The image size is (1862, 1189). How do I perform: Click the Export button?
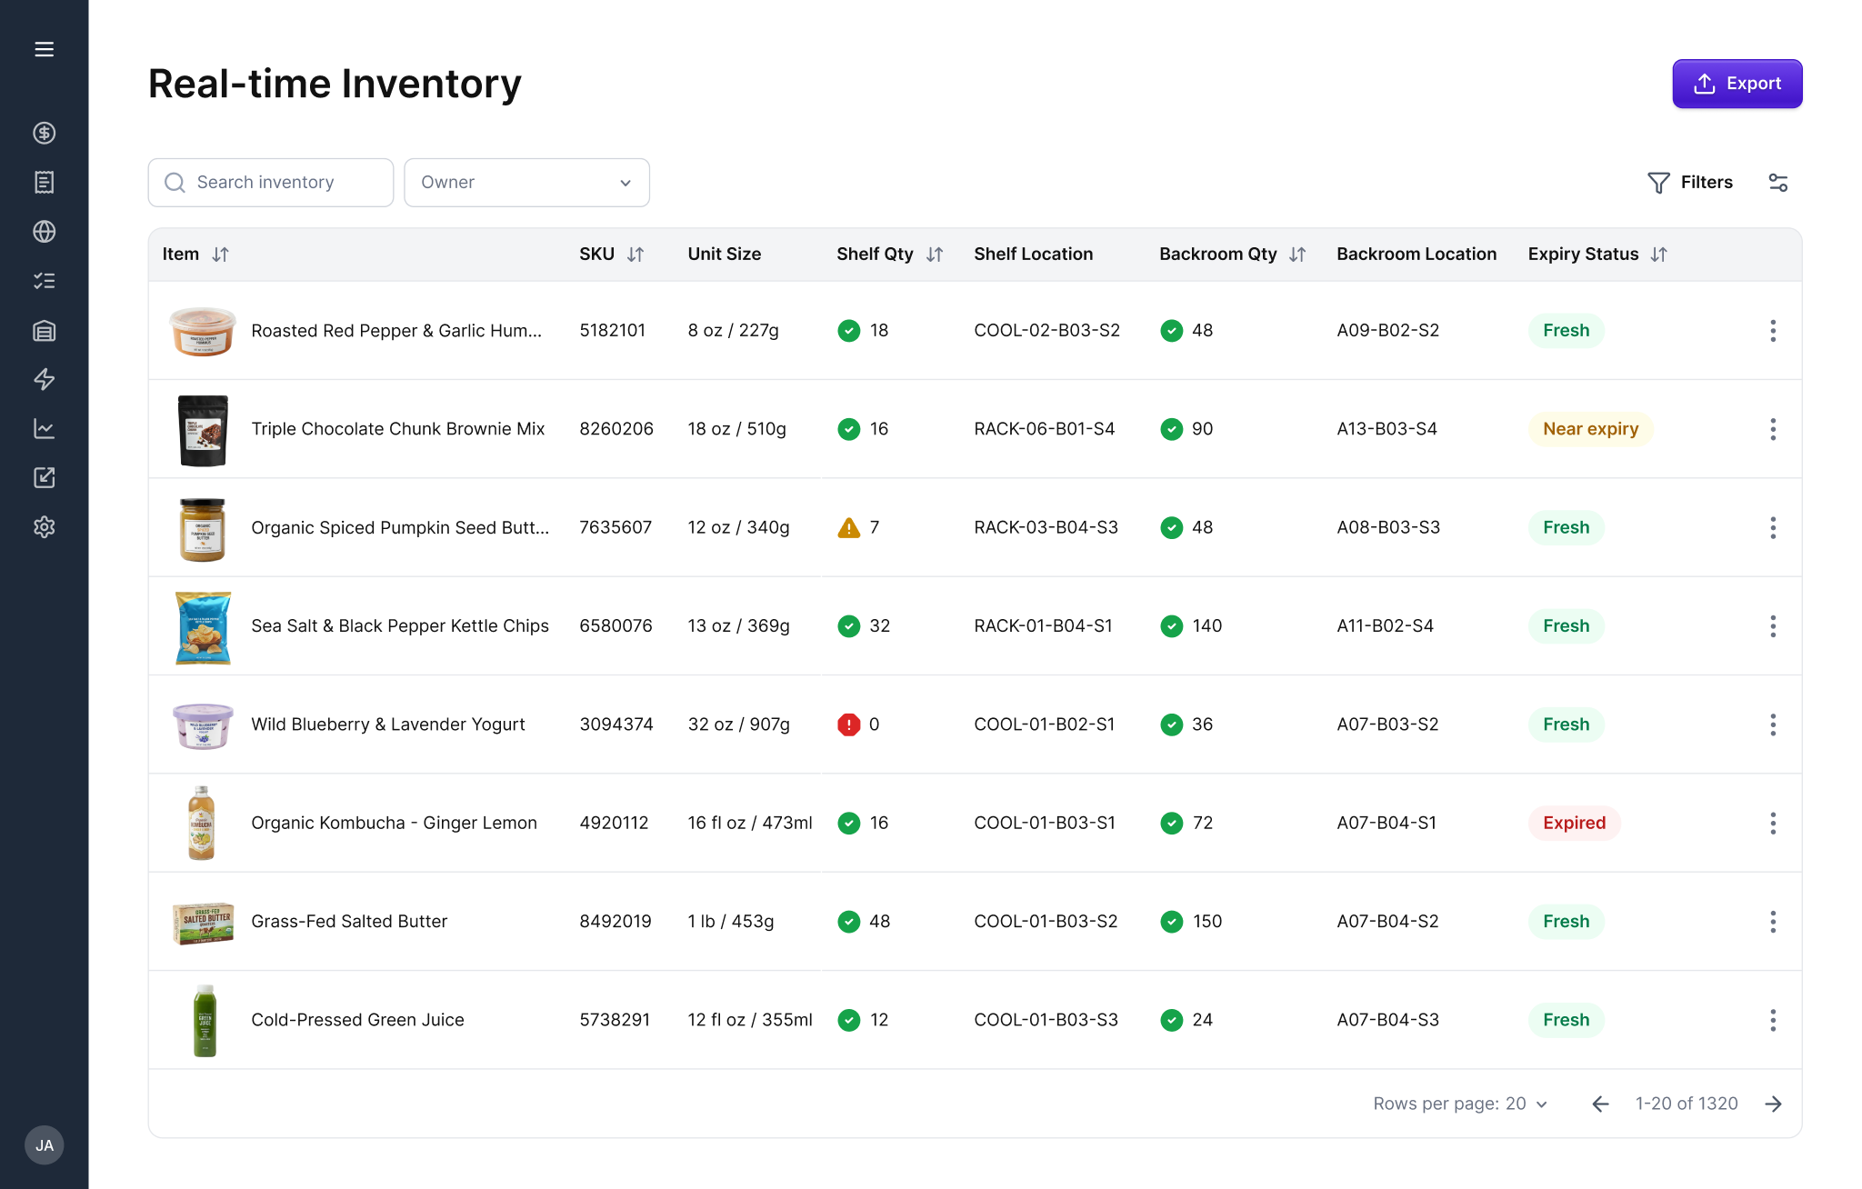point(1737,84)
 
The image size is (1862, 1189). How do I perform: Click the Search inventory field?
point(271,183)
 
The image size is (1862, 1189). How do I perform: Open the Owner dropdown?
point(526,183)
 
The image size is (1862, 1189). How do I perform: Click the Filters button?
point(1690,183)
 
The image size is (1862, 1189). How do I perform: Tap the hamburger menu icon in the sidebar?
point(45,49)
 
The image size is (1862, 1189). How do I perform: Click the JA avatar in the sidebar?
point(45,1145)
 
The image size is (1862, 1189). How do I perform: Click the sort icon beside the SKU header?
point(636,255)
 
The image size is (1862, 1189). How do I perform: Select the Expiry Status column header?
point(1583,255)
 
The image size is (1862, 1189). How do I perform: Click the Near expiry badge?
point(1590,429)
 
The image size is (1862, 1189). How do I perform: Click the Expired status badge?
point(1574,824)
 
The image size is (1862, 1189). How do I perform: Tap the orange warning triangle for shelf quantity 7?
point(848,528)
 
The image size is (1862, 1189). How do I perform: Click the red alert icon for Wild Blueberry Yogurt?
point(848,725)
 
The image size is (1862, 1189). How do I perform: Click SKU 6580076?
point(616,626)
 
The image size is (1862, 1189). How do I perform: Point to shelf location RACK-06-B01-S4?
point(1044,429)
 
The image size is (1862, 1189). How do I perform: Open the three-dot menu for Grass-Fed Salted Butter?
point(1772,922)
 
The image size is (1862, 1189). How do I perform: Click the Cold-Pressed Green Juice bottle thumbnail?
point(205,1020)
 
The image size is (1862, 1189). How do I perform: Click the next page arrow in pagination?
point(1773,1104)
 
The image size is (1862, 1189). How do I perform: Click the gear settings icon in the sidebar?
point(45,527)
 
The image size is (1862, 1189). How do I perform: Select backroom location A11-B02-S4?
point(1385,626)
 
